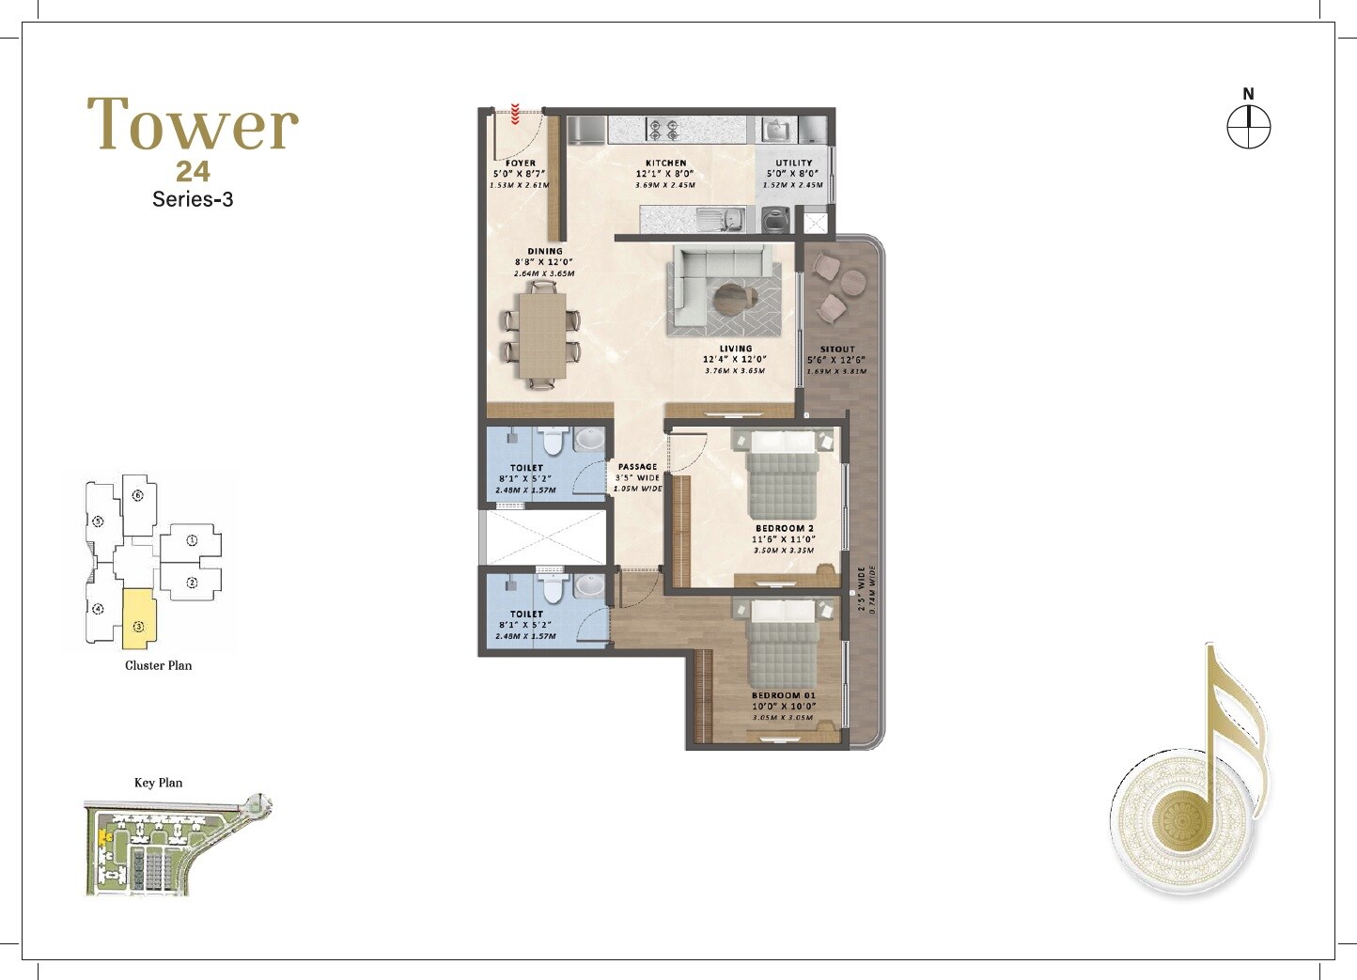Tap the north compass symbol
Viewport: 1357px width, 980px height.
(x=1248, y=126)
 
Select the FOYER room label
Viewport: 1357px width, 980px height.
(x=520, y=163)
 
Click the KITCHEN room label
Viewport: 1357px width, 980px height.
(x=665, y=163)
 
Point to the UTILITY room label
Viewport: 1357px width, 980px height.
(x=793, y=163)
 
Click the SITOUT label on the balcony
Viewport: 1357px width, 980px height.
(x=836, y=349)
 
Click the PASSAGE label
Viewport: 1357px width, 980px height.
(x=637, y=467)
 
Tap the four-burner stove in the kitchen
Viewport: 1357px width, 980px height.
(x=664, y=129)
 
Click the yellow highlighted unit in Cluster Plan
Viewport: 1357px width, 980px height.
(x=137, y=618)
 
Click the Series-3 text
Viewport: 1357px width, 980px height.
(x=193, y=199)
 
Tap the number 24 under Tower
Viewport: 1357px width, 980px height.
(x=193, y=172)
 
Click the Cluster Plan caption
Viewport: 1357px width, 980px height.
(x=158, y=665)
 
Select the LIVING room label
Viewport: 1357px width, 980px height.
(x=735, y=349)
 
